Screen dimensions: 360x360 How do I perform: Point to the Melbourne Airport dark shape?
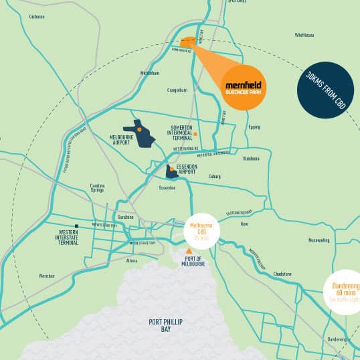click(139, 134)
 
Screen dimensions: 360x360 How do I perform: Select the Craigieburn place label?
click(177, 89)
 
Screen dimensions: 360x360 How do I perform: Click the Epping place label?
click(254, 126)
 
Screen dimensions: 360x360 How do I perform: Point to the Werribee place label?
click(46, 275)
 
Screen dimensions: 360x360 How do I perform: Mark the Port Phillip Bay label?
click(165, 325)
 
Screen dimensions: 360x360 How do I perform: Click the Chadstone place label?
click(282, 273)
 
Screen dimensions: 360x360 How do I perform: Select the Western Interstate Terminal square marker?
click(78, 226)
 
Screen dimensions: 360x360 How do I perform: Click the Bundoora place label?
click(251, 159)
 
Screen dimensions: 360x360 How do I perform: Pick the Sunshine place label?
click(125, 217)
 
